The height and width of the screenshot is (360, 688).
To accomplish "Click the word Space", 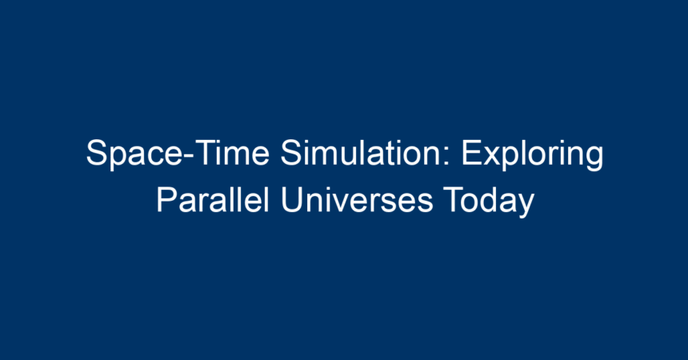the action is (133, 154).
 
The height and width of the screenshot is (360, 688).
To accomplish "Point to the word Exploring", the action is (532, 154).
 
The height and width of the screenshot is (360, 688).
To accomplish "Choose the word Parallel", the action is (212, 199).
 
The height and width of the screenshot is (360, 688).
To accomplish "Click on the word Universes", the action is (357, 200).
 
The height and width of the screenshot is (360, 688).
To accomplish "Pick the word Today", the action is (488, 202).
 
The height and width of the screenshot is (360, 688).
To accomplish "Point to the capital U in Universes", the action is (292, 200).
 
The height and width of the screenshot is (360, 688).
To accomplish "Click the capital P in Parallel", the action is (167, 200).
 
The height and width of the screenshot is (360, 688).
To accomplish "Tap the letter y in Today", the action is (526, 206).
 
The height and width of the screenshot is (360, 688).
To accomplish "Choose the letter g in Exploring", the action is (594, 159).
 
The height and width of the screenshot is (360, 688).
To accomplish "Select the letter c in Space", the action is (147, 156).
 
